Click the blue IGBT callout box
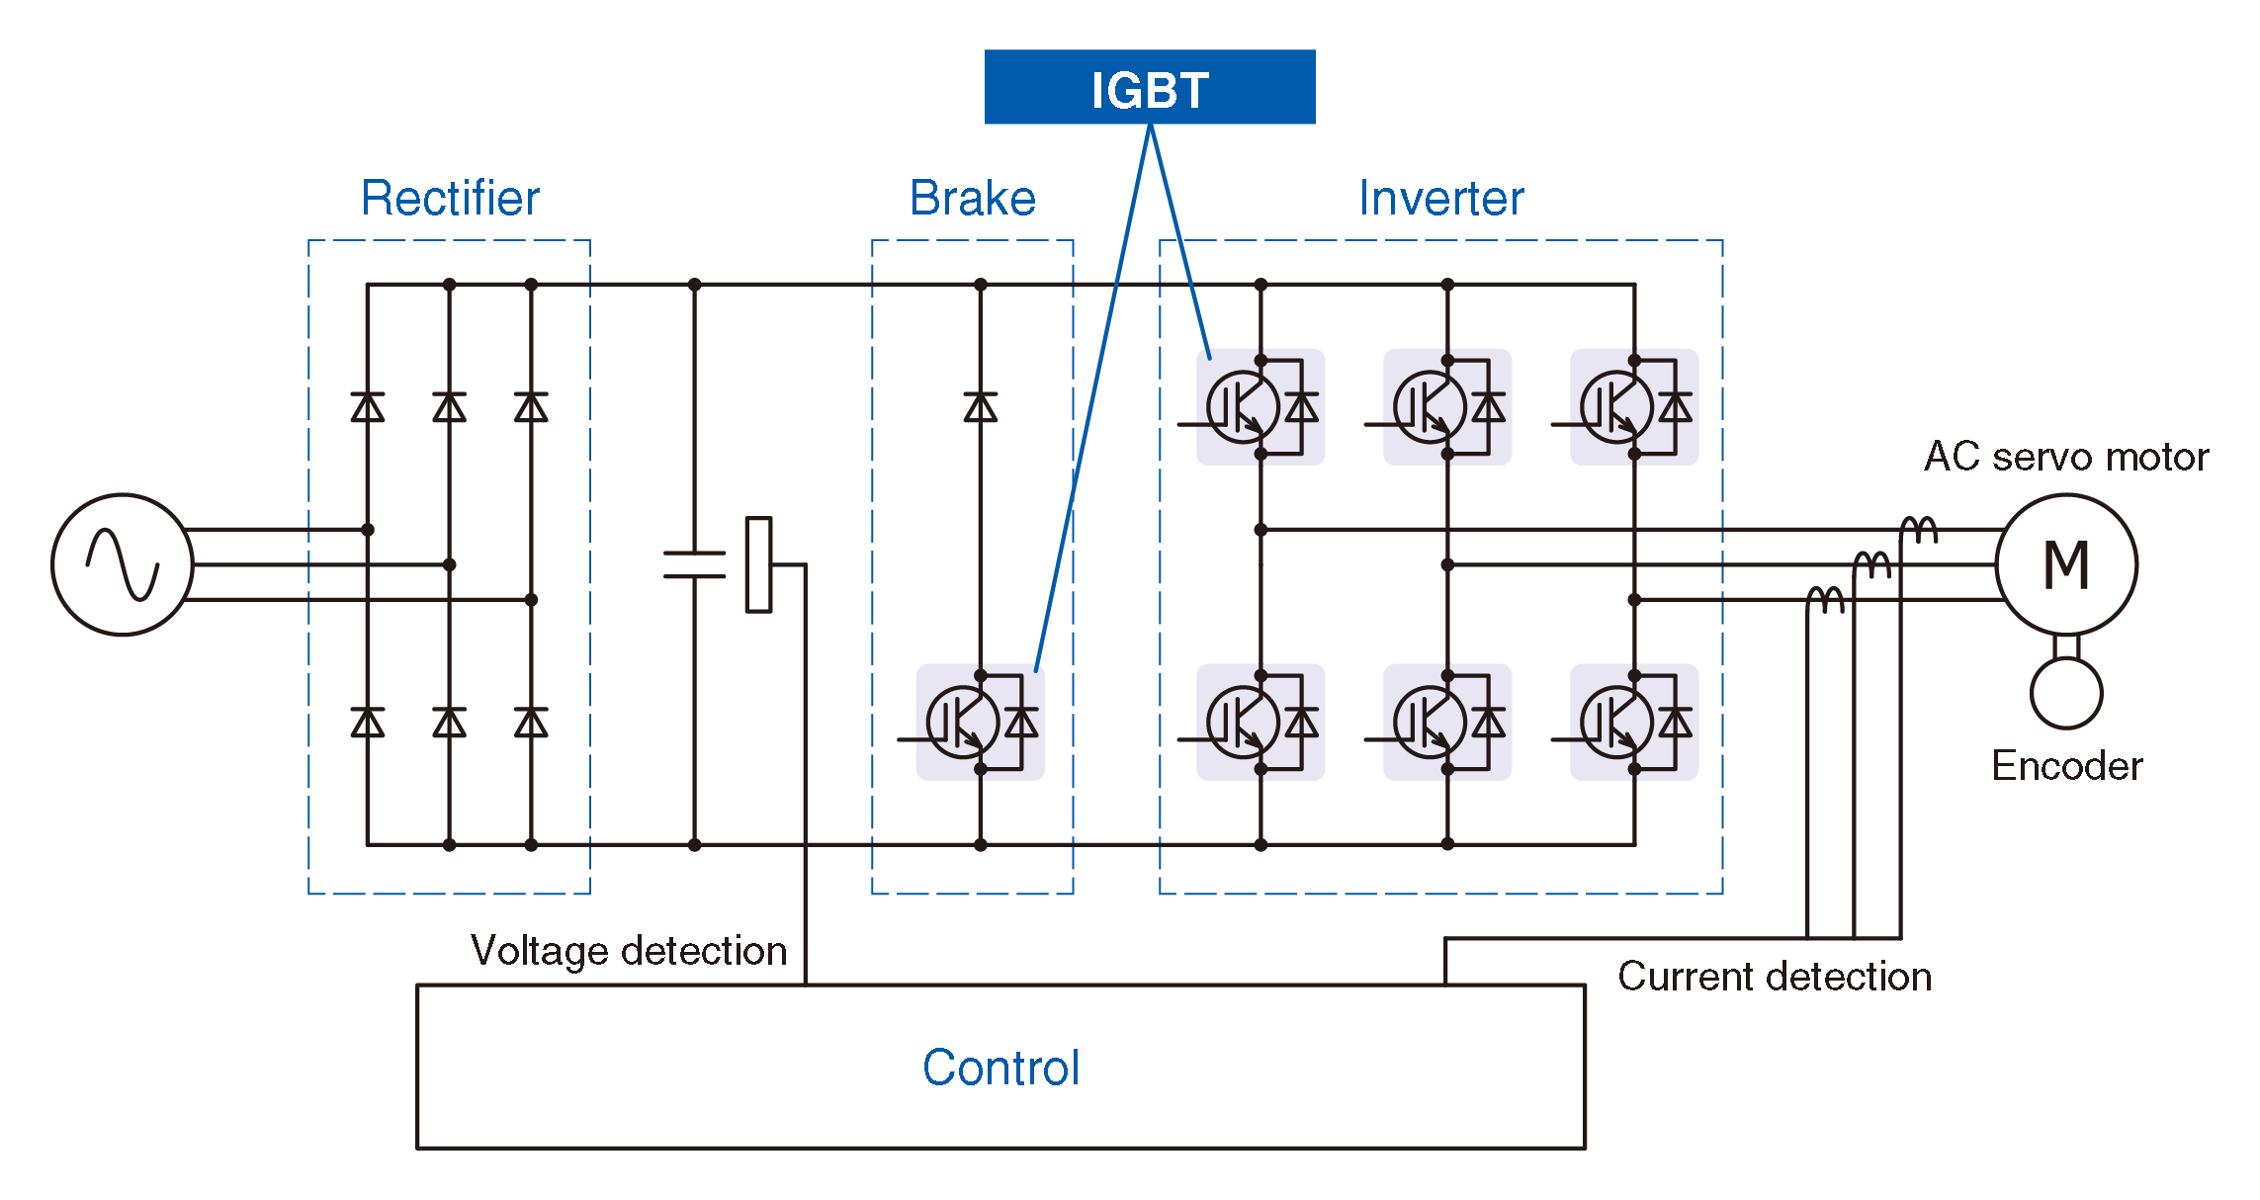pyautogui.click(x=1149, y=87)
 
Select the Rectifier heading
pyautogui.click(x=450, y=198)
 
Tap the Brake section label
pyautogui.click(x=972, y=198)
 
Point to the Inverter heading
pyautogui.click(x=1440, y=198)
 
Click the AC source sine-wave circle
pyautogui.click(x=123, y=564)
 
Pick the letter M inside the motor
pyautogui.click(x=2065, y=565)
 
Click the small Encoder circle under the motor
pyautogui.click(x=2065, y=693)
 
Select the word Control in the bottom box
pyautogui.click(x=1000, y=1068)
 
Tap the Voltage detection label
pyautogui.click(x=629, y=951)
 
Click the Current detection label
pyautogui.click(x=1774, y=977)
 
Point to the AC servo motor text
pyautogui.click(x=2065, y=457)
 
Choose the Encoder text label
pyautogui.click(x=2066, y=766)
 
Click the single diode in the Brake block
pyautogui.click(x=980, y=407)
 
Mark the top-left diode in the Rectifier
pyautogui.click(x=368, y=407)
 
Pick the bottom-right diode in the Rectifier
pyautogui.click(x=531, y=723)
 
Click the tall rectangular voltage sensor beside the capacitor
pyautogui.click(x=758, y=564)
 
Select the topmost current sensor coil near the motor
pyautogui.click(x=1919, y=530)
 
